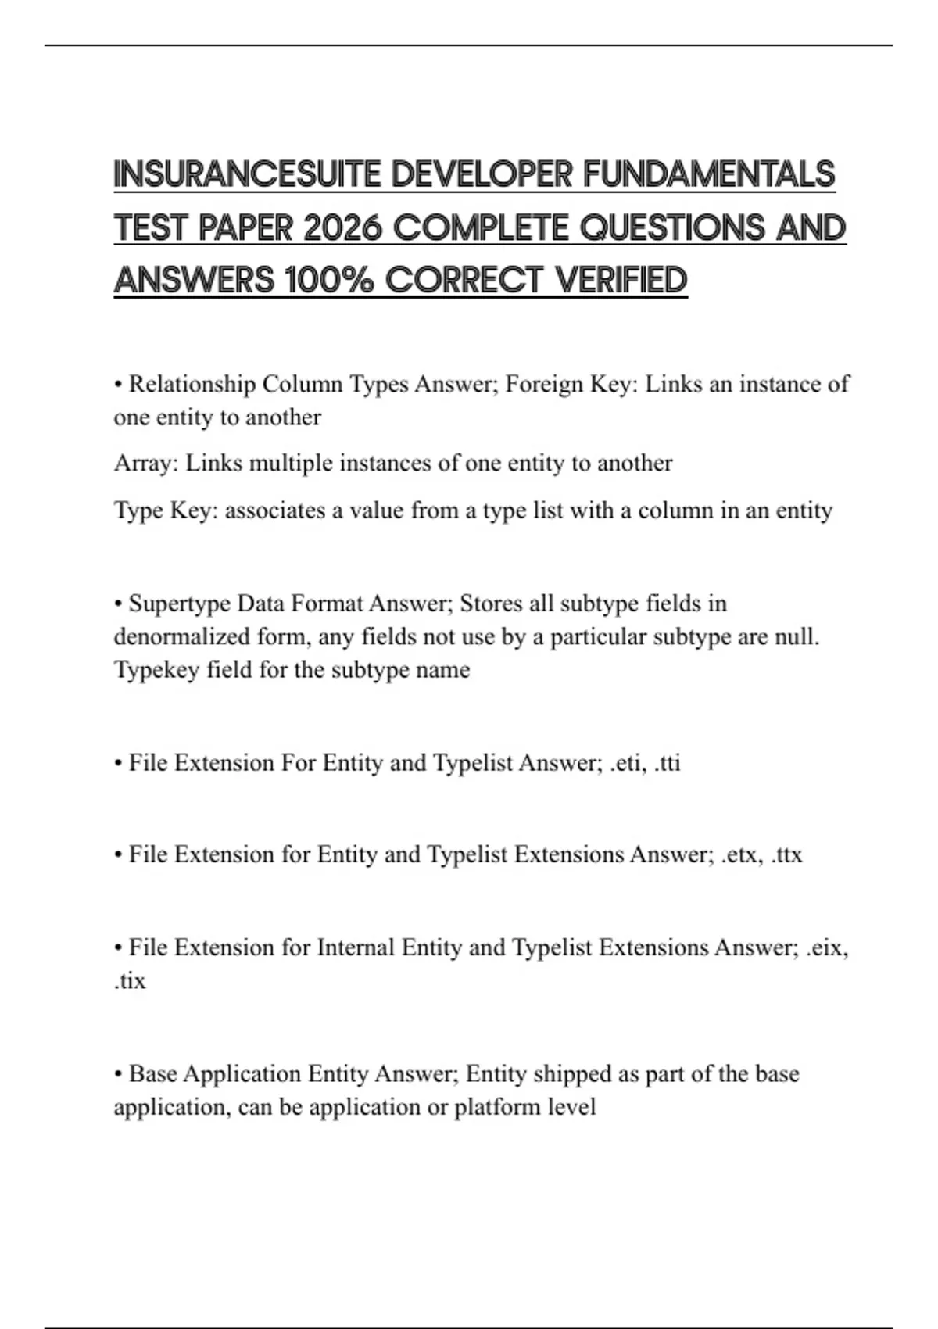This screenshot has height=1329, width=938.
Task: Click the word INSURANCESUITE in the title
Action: point(248,174)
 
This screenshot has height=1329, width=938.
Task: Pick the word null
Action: point(800,637)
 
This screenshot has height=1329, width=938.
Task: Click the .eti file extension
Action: point(625,763)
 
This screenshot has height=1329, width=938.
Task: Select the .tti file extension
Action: point(667,763)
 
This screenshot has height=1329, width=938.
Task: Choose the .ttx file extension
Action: point(786,854)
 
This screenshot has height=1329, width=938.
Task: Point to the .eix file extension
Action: point(826,947)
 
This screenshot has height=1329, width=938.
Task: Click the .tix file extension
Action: point(130,981)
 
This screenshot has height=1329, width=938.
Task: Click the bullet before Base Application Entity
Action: point(118,1074)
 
